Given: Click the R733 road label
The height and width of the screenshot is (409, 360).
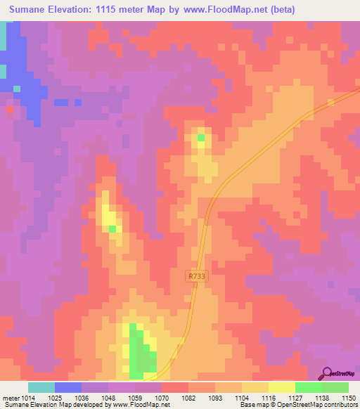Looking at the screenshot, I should [x=197, y=277].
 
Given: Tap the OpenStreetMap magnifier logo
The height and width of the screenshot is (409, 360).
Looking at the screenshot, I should [x=328, y=373].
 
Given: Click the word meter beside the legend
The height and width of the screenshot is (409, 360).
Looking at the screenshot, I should [x=11, y=398].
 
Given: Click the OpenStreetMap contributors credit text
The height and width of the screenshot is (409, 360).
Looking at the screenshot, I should [x=309, y=405].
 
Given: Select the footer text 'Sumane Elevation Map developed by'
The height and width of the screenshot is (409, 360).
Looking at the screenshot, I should [x=49, y=405].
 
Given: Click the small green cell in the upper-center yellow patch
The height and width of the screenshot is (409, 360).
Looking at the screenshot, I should [x=201, y=137].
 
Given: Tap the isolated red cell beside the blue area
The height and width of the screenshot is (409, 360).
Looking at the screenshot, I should [x=10, y=110].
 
